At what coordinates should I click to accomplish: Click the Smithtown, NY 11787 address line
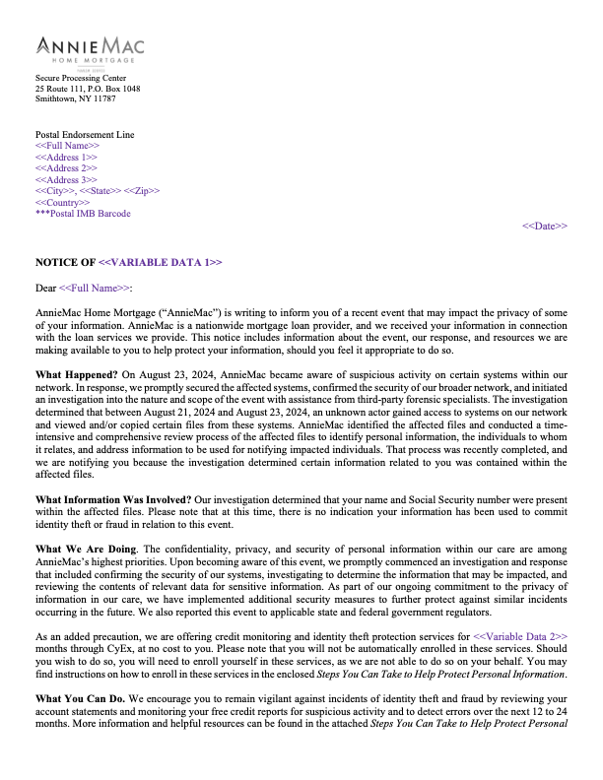76,99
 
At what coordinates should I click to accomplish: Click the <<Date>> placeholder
544,227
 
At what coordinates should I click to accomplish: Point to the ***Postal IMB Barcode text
83,214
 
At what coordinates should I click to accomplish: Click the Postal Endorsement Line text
85,135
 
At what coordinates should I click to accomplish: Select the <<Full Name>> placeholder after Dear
95,289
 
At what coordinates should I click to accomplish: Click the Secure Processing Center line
81,78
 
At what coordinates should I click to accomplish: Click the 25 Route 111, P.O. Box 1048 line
88,89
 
